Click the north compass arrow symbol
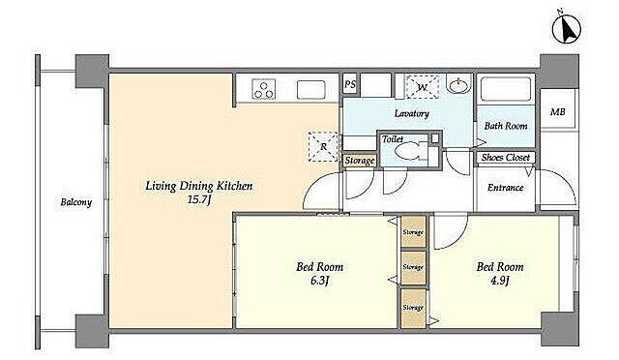coord(567,28)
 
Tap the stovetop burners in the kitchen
coord(264,89)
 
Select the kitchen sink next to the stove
coord(311,89)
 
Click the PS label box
coord(350,84)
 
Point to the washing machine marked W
coord(423,87)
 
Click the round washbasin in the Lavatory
coord(458,84)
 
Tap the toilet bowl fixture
coord(408,151)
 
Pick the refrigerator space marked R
coord(323,147)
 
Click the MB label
coord(557,112)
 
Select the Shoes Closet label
coord(505,158)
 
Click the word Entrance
coord(506,188)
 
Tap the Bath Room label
coord(506,126)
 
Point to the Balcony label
coord(76,202)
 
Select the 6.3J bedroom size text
coord(320,281)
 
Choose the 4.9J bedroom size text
coord(500,281)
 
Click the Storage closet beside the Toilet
coord(359,161)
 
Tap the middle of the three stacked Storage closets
coord(413,267)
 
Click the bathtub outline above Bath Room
coord(506,89)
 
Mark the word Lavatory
coord(412,113)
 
